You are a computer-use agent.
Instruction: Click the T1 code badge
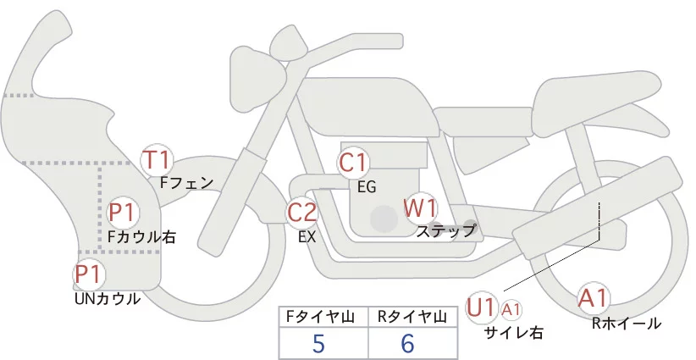click(x=157, y=158)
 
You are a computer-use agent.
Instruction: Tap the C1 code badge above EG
click(x=353, y=163)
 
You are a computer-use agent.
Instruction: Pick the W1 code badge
click(x=419, y=208)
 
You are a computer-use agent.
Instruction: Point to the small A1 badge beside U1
click(x=511, y=310)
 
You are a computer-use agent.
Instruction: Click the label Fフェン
click(x=187, y=182)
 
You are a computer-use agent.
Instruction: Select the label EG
click(x=366, y=187)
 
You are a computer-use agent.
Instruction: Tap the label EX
click(x=307, y=238)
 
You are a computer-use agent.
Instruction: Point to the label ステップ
click(x=445, y=230)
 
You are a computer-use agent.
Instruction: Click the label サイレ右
click(x=514, y=333)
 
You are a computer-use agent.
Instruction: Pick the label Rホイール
click(x=627, y=323)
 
